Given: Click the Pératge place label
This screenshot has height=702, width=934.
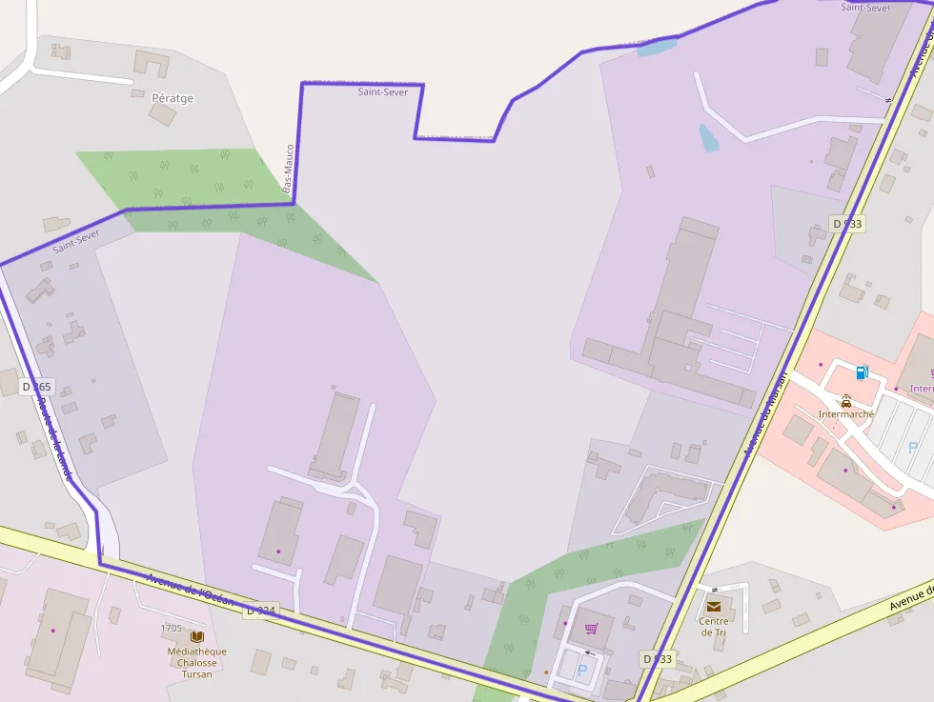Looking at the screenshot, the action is click(173, 98).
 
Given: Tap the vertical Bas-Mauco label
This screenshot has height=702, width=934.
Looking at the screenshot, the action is click(288, 170).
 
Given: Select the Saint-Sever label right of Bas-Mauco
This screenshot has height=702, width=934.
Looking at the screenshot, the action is click(383, 92).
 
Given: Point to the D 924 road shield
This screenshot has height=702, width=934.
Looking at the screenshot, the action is click(260, 610).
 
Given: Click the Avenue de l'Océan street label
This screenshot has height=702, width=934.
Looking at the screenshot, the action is click(190, 589).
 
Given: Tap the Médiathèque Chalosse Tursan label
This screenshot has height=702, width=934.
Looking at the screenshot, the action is click(196, 662).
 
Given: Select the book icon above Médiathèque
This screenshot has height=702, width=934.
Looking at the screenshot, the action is click(197, 636).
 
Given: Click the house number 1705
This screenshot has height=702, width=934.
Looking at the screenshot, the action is click(172, 628).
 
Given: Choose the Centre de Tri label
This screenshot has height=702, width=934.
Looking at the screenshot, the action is click(714, 627).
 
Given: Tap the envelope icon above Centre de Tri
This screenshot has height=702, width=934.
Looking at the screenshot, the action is click(714, 606).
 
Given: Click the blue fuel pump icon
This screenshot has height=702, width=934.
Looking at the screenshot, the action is click(862, 372).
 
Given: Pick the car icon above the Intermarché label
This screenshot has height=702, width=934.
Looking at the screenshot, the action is click(846, 401).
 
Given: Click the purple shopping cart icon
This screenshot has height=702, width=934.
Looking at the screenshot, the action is click(591, 629).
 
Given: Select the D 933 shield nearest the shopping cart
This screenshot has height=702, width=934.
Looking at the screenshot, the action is click(658, 658).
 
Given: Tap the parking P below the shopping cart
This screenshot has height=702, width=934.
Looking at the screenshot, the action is click(582, 671).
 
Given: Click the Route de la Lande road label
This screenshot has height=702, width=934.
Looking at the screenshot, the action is click(54, 434).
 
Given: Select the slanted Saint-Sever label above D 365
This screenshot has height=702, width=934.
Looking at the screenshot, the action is click(76, 241).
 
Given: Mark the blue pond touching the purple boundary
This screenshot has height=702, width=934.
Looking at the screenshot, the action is click(657, 45).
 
